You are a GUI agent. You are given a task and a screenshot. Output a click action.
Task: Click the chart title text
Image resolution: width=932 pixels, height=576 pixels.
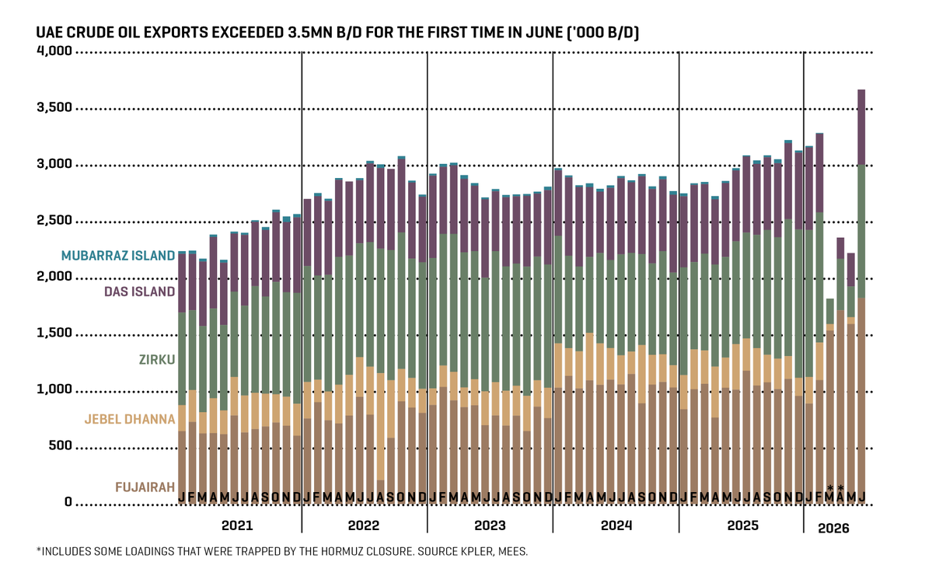click(337, 32)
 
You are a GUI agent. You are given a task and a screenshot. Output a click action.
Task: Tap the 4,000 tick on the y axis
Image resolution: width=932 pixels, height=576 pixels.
click(54, 51)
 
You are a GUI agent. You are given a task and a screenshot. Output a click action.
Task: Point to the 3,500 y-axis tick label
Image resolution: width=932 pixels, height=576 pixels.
click(54, 107)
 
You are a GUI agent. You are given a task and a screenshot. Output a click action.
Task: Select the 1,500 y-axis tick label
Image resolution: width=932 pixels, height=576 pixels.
click(54, 333)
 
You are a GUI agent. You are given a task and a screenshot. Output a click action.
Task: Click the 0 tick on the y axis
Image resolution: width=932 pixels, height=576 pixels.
click(68, 502)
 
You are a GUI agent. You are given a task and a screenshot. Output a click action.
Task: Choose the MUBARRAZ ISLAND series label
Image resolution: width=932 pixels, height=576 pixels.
click(118, 256)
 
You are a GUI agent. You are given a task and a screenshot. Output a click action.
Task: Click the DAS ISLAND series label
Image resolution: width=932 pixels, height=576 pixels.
click(140, 291)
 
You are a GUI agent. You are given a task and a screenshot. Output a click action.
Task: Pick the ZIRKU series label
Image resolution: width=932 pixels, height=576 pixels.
click(157, 360)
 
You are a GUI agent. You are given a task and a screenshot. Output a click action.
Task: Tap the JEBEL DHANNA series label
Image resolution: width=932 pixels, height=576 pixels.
click(130, 419)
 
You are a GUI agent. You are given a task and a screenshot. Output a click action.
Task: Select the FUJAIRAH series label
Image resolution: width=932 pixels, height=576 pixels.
click(145, 487)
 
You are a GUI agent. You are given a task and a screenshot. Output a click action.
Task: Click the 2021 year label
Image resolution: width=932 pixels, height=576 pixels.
click(237, 525)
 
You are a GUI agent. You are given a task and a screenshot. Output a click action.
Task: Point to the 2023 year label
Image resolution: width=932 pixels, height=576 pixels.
click(490, 525)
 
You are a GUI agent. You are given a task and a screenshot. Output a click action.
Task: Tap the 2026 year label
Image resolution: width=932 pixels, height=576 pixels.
click(833, 529)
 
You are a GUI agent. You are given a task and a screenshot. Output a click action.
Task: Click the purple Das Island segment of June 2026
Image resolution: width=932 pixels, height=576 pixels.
click(861, 127)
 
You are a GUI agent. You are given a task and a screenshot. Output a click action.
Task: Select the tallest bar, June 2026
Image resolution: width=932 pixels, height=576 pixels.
click(861, 297)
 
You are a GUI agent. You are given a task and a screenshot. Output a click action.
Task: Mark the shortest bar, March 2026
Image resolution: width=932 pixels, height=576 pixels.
click(829, 401)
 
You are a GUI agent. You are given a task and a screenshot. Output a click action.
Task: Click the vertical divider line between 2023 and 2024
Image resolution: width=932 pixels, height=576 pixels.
click(553, 291)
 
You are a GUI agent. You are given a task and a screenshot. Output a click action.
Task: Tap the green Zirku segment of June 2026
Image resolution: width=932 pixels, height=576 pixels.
click(861, 231)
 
